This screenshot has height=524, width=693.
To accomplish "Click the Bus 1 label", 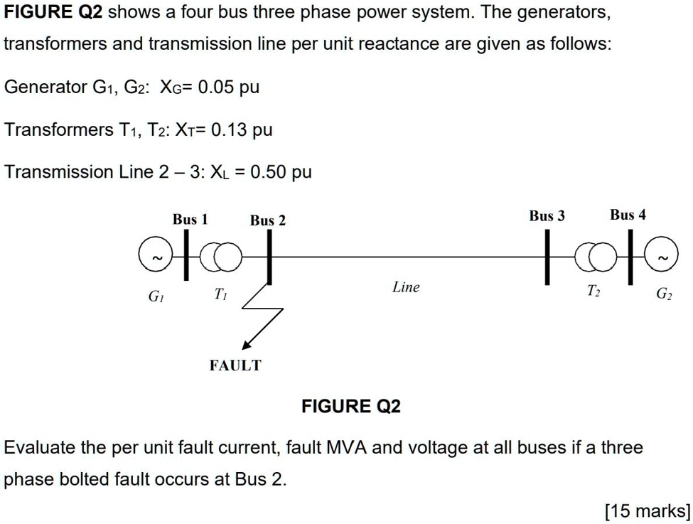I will (x=190, y=220).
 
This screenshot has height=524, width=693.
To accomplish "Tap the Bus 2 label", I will (x=268, y=221).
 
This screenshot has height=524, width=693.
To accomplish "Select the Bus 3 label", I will (x=547, y=215).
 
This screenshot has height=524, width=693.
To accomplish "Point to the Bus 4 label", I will (x=628, y=215).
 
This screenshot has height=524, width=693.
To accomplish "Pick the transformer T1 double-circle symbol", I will (x=221, y=257).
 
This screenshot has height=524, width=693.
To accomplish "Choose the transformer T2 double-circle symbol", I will (x=594, y=258).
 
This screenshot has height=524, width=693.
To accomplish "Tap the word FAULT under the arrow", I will (x=235, y=365).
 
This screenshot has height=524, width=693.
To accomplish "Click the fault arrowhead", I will (x=247, y=344).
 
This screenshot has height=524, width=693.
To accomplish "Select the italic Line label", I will (x=406, y=287).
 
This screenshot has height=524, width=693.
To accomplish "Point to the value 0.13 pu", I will (x=240, y=130).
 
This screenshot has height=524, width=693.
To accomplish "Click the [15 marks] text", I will (x=647, y=510).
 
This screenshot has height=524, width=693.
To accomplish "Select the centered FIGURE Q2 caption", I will (x=351, y=407).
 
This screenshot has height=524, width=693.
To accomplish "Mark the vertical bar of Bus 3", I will (x=547, y=260).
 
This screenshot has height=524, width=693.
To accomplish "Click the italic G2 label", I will (x=662, y=294).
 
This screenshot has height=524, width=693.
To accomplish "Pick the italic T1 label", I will (x=221, y=294).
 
